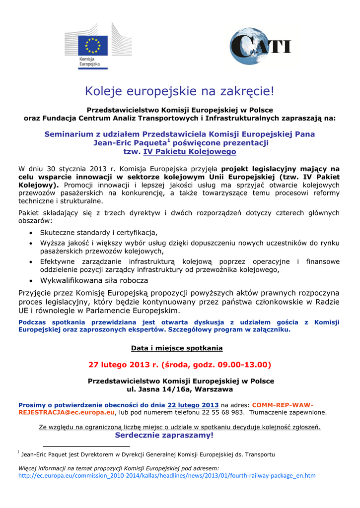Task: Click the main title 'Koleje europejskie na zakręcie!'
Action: click(x=180, y=91)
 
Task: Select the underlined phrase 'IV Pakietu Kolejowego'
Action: click(x=190, y=151)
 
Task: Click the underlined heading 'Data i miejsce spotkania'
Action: click(x=177, y=348)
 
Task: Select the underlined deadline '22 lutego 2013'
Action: click(x=193, y=404)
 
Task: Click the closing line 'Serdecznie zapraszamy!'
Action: click(x=164, y=435)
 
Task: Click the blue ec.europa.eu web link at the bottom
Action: click(x=167, y=475)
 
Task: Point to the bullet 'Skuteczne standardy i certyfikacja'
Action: click(x=98, y=232)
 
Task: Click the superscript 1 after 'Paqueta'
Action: click(x=169, y=139)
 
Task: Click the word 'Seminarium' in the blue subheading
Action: click(x=69, y=134)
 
